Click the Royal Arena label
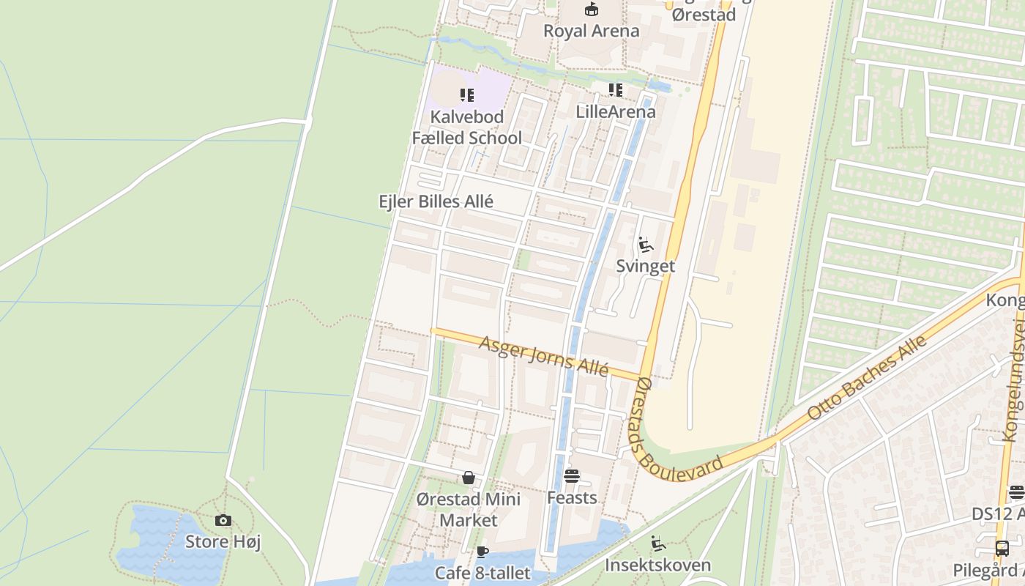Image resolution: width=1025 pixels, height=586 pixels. click(x=591, y=31)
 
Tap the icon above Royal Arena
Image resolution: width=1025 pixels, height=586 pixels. click(x=591, y=10)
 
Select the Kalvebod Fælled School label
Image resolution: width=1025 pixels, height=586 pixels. click(x=467, y=127)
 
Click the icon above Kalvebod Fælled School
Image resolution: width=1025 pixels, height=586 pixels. click(x=467, y=94)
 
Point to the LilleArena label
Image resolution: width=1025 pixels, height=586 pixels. click(x=616, y=112)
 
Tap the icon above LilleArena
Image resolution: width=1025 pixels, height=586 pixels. click(x=616, y=90)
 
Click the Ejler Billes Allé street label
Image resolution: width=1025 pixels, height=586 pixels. click(x=436, y=201)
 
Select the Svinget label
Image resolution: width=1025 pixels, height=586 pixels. click(x=645, y=266)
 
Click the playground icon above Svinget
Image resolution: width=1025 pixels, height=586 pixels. click(x=645, y=244)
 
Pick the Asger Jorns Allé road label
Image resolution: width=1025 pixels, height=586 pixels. click(x=543, y=356)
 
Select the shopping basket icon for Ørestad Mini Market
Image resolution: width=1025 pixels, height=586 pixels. click(x=469, y=478)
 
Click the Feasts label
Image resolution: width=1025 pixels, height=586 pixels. click(x=572, y=498)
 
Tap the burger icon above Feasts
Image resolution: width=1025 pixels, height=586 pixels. click(x=572, y=476)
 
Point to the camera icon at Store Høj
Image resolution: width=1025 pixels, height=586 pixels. click(x=223, y=521)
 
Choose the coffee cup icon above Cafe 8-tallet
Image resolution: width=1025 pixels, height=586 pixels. click(x=482, y=552)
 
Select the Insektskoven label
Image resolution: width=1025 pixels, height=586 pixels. click(x=657, y=565)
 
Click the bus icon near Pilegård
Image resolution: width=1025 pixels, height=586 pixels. click(x=1002, y=548)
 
